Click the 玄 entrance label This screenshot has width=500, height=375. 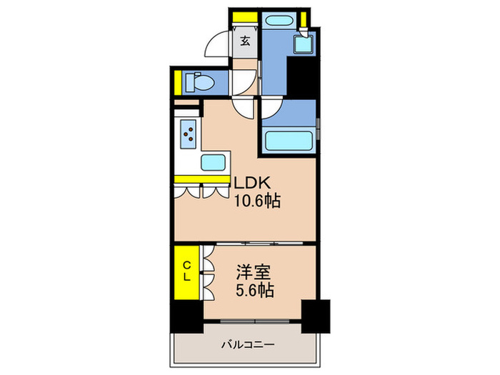tap(245, 41)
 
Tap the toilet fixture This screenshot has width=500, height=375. tap(199, 83)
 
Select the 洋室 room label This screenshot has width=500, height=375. tap(254, 273)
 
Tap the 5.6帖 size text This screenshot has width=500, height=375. tap(254, 291)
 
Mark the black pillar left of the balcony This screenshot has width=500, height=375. tap(186, 315)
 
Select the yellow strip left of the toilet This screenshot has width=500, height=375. tap(176, 83)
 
